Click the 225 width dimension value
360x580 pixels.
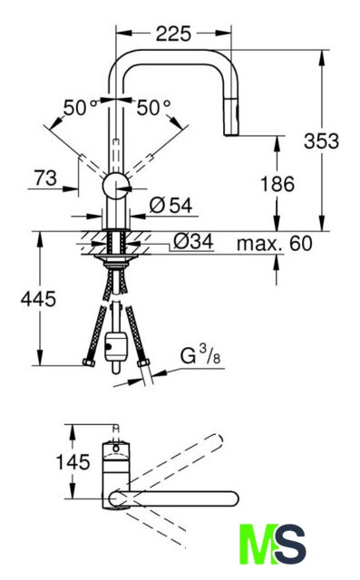click(173, 34)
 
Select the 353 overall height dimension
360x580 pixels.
click(321, 141)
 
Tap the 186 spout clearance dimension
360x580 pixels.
click(277, 184)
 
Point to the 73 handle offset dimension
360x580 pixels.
click(46, 178)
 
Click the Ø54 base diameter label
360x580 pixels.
click(171, 206)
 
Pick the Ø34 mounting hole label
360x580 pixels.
click(193, 242)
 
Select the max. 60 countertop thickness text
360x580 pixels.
click(275, 244)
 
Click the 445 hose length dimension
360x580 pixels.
click(38, 299)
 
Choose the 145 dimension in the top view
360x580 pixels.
click(73, 462)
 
